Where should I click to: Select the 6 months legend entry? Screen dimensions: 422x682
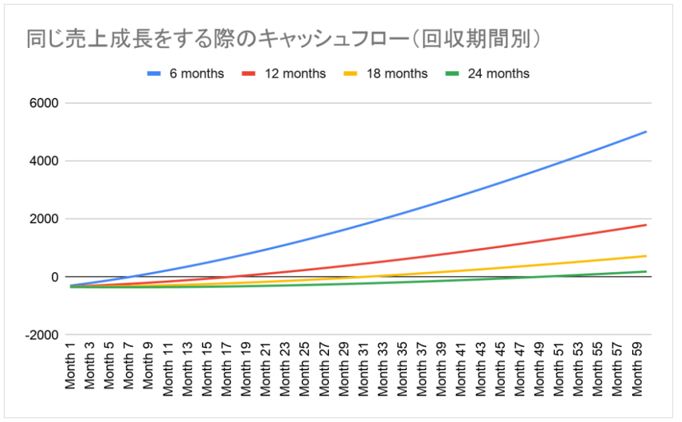tap(196, 73)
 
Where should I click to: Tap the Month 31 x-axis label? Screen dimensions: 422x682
tap(363, 368)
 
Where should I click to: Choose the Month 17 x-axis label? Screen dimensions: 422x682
tap(226, 368)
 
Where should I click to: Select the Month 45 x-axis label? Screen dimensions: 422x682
tap(500, 368)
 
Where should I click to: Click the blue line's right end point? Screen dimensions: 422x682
tap(646, 132)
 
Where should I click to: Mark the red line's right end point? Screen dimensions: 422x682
tap(646, 225)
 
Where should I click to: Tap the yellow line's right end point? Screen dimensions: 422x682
tap(646, 256)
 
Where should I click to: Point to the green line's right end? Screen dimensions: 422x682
tap(646, 272)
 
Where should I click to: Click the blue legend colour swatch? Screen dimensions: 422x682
tap(155, 73)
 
